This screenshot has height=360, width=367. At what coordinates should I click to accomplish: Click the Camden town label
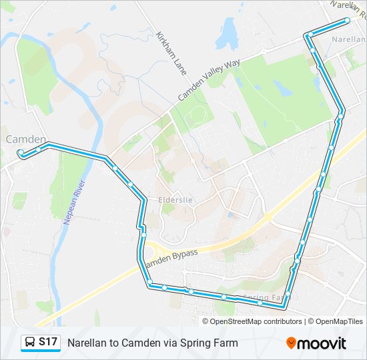point(25,139)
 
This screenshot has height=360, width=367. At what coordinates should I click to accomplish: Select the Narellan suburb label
point(348,39)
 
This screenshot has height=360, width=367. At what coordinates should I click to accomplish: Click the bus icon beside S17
point(30,342)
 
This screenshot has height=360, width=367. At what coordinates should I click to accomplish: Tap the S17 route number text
point(47,342)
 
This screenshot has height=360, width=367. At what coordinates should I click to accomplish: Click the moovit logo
point(316,343)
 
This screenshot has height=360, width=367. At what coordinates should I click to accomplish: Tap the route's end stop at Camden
point(21,153)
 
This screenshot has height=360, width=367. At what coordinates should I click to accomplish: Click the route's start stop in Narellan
point(347,21)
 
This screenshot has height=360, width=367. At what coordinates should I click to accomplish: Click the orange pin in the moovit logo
point(291,343)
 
